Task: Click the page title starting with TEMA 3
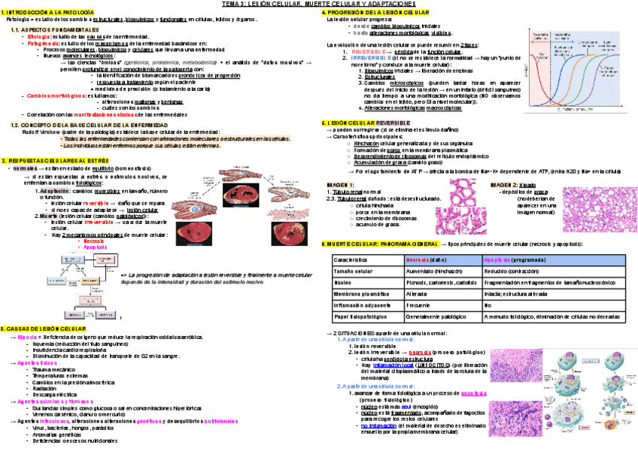point(319,5)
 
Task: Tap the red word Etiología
point(38,37)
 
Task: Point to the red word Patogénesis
point(41,43)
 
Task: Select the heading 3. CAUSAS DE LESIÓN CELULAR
point(44,329)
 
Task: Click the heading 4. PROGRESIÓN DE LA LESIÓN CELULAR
point(376,13)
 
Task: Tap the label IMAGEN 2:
point(503,185)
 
